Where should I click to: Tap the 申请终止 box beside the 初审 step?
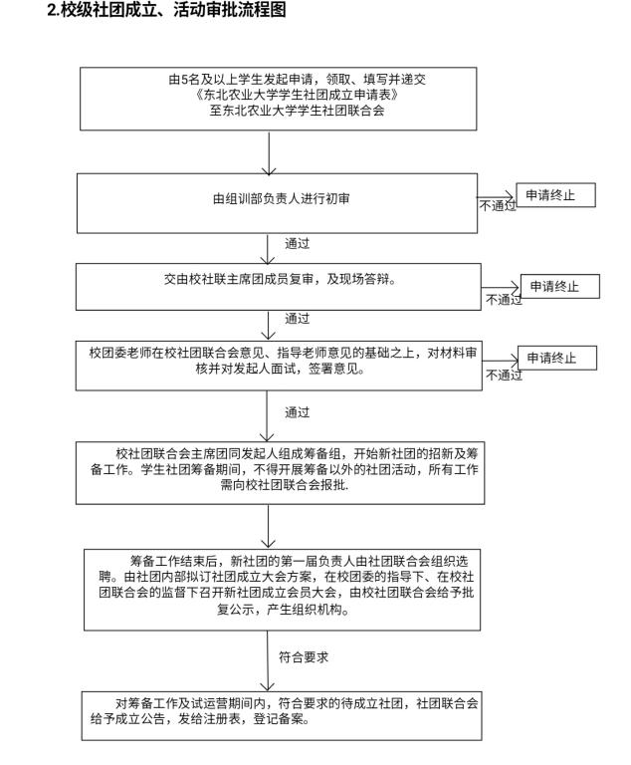click(x=556, y=195)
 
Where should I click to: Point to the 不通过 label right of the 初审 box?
click(x=498, y=206)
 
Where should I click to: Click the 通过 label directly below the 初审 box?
click(x=297, y=242)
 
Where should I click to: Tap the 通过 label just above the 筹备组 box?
click(x=297, y=411)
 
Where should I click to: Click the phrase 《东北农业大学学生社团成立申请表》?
click(x=273, y=98)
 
